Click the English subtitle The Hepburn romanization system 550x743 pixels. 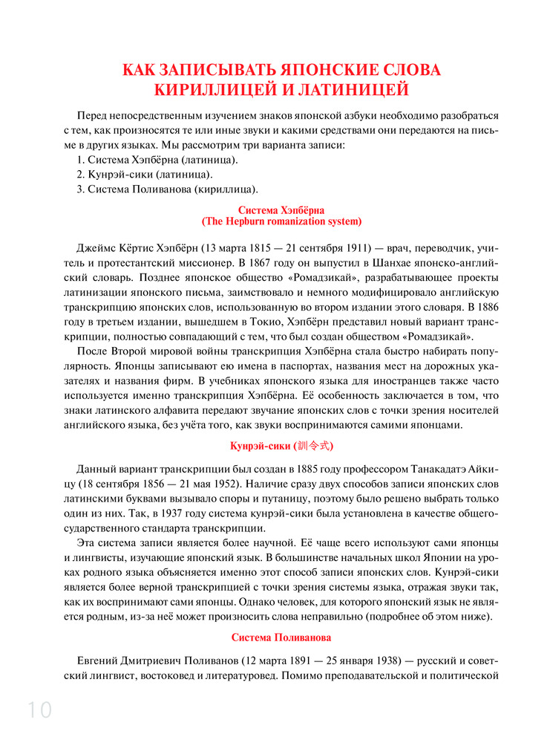[x=282, y=221]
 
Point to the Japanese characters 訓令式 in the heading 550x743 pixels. [x=315, y=447]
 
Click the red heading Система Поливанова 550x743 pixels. [x=281, y=637]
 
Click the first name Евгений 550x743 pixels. [x=99, y=661]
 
